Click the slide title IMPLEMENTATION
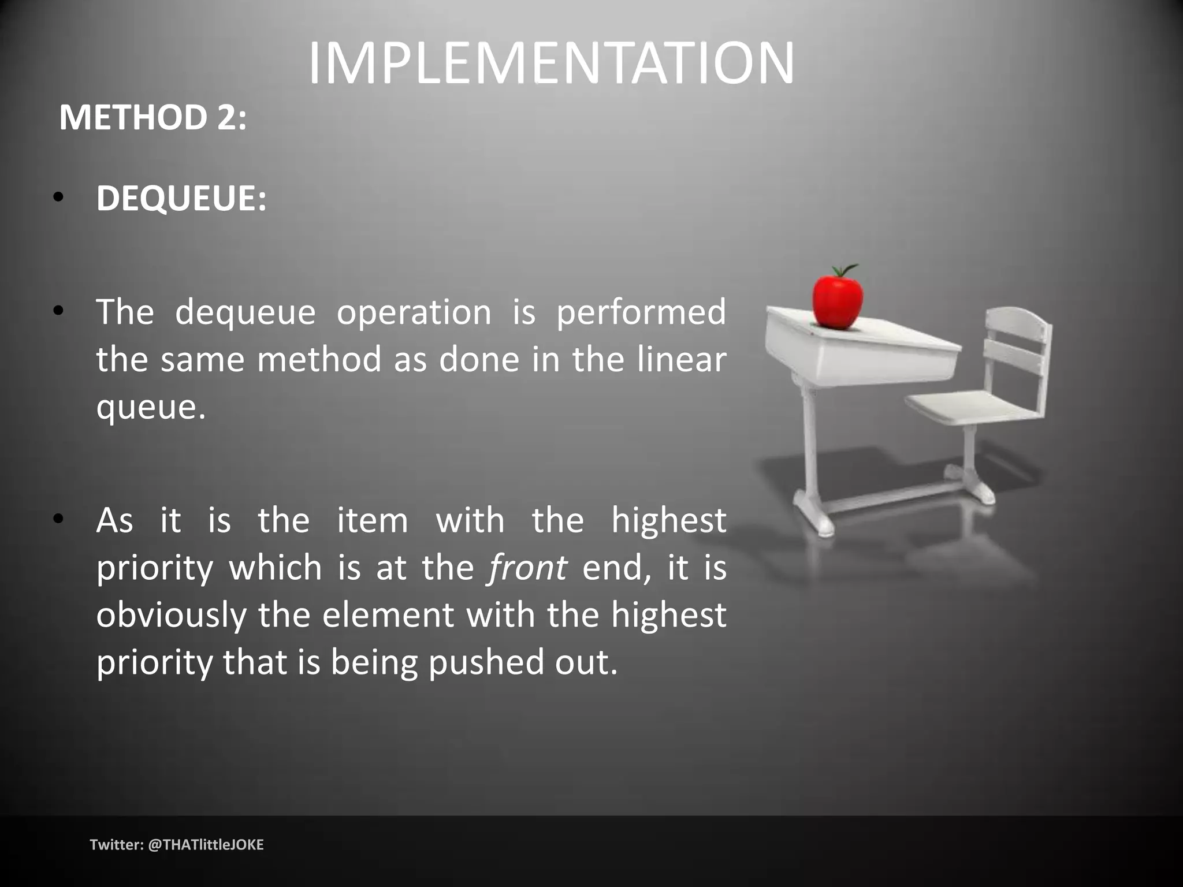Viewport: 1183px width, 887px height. tap(551, 63)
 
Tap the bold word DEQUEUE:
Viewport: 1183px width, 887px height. tap(181, 199)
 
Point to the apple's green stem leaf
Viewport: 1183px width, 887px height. tap(845, 270)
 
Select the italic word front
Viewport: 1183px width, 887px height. tap(527, 568)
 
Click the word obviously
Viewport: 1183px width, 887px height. tap(171, 616)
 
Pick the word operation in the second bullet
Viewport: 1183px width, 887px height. tap(414, 312)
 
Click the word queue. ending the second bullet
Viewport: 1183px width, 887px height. tap(151, 407)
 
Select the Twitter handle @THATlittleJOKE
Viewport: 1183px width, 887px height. tap(206, 845)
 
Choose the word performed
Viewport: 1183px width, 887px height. tap(641, 312)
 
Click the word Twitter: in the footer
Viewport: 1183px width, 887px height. tap(117, 845)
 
